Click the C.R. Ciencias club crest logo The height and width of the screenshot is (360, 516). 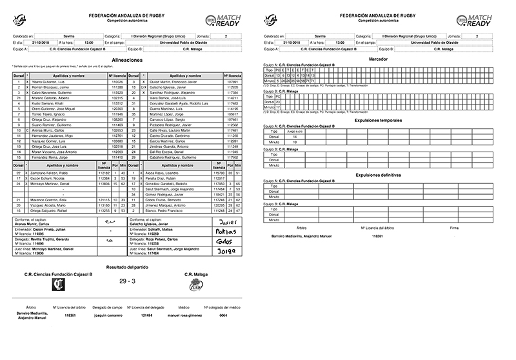[x=63, y=301]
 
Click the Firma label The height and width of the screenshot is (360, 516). [x=454, y=228]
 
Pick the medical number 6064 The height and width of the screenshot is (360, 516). [x=223, y=334]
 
